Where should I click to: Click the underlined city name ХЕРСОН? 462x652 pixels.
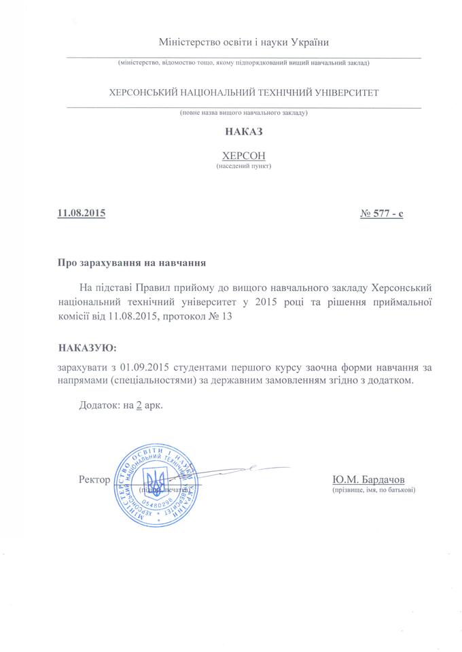pyautogui.click(x=243, y=156)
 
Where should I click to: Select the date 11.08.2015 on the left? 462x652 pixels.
pyautogui.click(x=82, y=214)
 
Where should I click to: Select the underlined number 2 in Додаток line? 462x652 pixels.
pyautogui.click(x=139, y=405)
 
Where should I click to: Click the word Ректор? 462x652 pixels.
pyautogui.click(x=94, y=479)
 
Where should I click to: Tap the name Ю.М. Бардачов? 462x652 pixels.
pyautogui.click(x=370, y=479)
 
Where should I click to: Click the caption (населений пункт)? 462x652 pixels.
pyautogui.click(x=243, y=167)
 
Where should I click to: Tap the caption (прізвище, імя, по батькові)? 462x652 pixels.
pyautogui.click(x=374, y=490)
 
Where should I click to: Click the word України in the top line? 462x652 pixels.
pyautogui.click(x=309, y=43)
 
